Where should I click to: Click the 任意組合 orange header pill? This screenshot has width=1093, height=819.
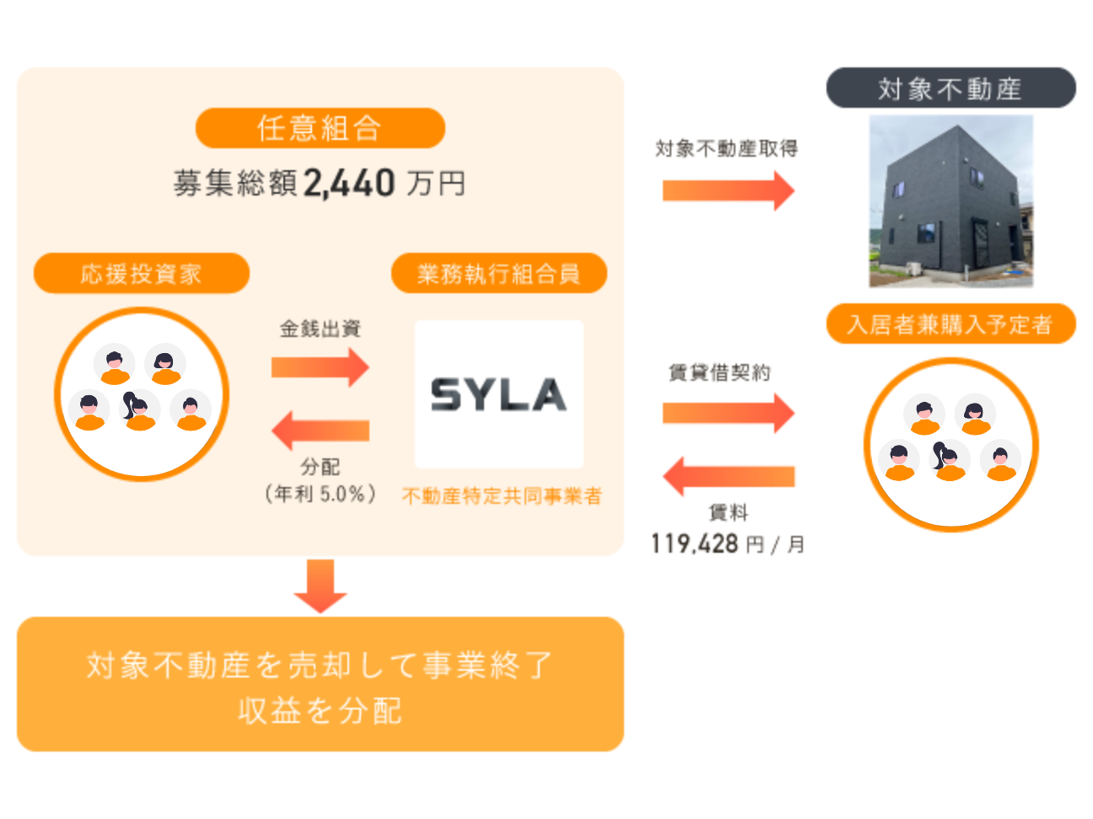coord(320,128)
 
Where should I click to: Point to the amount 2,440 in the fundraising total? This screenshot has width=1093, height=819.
coord(348,183)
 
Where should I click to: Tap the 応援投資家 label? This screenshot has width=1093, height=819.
coord(141,274)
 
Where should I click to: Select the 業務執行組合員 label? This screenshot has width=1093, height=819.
coord(498,274)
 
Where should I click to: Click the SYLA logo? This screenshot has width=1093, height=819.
coord(498,394)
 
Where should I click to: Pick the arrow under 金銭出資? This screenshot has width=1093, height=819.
coord(320,367)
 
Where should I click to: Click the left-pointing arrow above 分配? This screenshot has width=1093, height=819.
coord(320,431)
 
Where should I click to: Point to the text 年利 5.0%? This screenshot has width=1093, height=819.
coord(320,494)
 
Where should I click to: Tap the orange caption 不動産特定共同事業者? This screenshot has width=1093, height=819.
coord(502,496)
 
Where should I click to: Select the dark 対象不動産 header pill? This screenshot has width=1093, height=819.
coord(950,88)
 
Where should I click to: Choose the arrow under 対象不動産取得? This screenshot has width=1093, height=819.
coord(728,190)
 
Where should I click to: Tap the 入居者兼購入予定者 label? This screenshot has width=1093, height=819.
coord(950,324)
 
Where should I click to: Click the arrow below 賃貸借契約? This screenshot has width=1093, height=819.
coord(728,413)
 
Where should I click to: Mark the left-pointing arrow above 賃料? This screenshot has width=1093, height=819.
coord(728,476)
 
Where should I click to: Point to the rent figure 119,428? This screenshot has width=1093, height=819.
coord(694,543)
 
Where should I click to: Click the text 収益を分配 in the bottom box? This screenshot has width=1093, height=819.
coord(320,711)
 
